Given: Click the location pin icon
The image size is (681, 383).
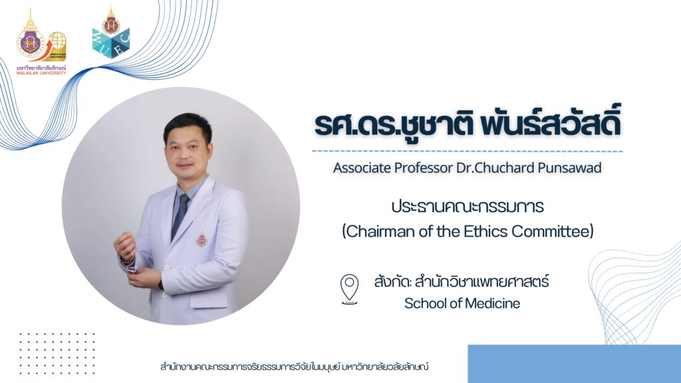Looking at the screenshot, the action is pyautogui.click(x=349, y=289).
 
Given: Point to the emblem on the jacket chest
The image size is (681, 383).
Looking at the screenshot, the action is pyautogui.click(x=202, y=238).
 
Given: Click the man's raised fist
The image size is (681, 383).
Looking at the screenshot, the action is pyautogui.click(x=125, y=246).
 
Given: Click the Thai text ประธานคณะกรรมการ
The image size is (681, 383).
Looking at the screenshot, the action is pyautogui.click(x=468, y=207).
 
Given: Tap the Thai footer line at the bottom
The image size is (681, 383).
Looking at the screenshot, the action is pyautogui.click(x=295, y=366).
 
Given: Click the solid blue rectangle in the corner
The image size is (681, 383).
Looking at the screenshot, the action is pyautogui.click(x=574, y=364).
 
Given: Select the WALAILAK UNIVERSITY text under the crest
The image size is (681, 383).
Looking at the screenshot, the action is pyautogui.click(x=41, y=73).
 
